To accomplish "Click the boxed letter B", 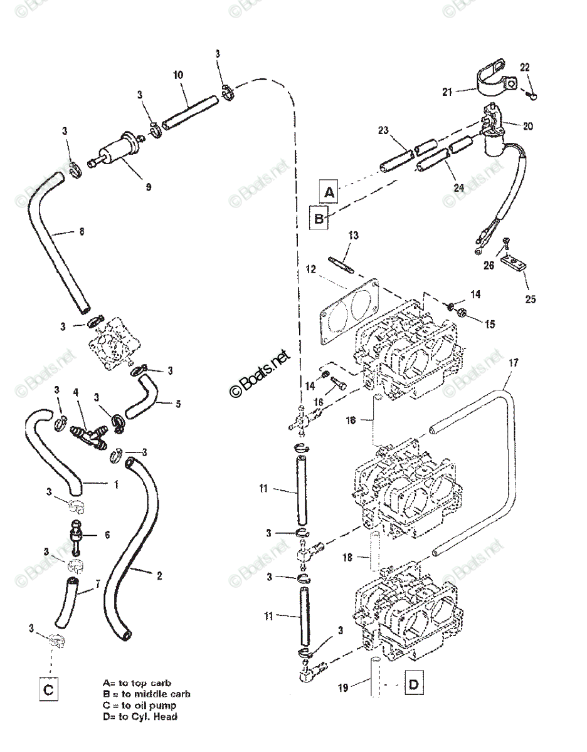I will point(319,219).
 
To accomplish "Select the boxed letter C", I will point(49,690).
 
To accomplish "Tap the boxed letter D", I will point(413,684).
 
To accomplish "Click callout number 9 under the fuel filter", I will point(149,186).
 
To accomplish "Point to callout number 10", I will point(178,75).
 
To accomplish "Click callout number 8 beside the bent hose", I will point(81,231).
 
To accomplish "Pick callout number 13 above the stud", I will point(353,235).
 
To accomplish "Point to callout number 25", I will point(531,299).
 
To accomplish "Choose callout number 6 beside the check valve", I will point(107,535).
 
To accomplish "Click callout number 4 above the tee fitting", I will point(76,393).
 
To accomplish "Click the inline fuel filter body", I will point(116,149).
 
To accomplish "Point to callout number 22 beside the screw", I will point(525,67).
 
